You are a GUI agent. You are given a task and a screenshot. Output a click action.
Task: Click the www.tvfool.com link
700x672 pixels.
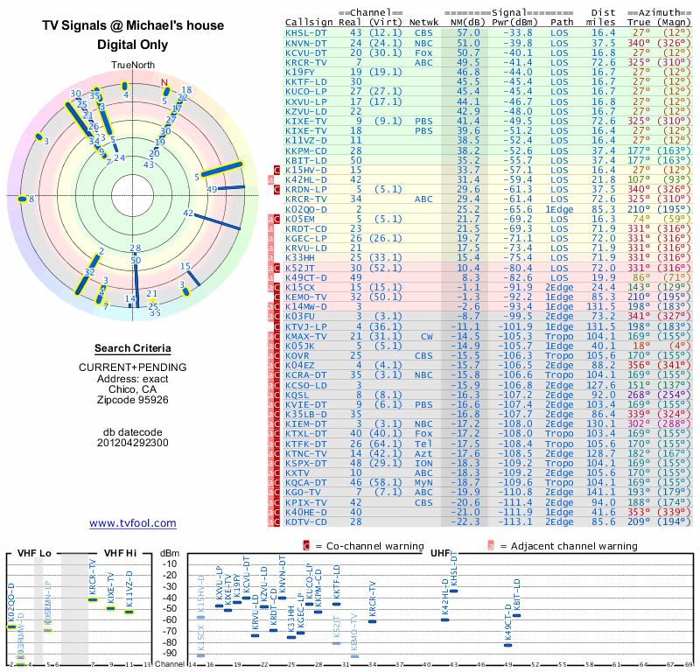pos(133,523)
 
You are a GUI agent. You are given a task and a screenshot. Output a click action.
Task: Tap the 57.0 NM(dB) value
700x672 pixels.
pos(468,32)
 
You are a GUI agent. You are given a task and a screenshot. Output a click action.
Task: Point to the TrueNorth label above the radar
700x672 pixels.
pos(132,66)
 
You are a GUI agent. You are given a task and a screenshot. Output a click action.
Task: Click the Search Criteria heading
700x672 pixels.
pos(133,347)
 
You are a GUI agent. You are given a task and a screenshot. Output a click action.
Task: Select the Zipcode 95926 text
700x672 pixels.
pos(133,400)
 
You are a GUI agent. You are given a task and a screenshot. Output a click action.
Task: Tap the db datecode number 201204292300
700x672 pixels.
pos(133,443)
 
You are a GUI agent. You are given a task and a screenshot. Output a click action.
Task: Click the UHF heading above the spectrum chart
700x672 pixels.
pos(439,553)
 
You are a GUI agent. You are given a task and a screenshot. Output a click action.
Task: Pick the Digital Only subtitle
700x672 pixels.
pos(133,44)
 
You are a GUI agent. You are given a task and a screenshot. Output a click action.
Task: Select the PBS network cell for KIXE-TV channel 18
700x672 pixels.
pos(424,129)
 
